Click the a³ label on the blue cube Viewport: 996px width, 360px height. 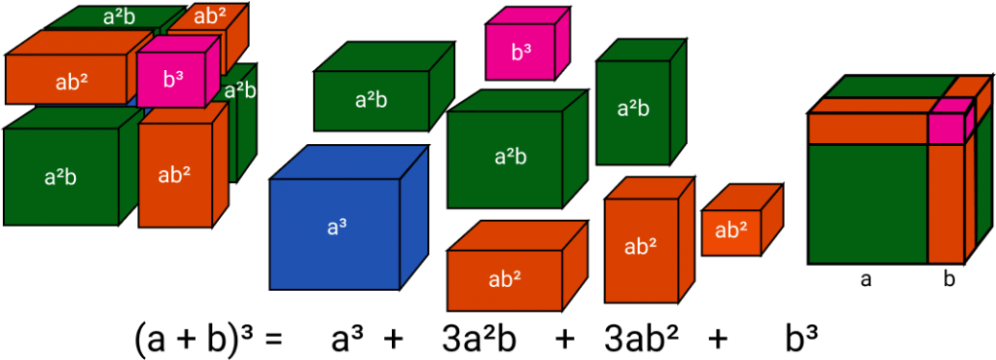(337, 228)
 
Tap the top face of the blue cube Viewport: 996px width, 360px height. (350, 162)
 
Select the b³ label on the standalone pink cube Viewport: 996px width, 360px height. (521, 52)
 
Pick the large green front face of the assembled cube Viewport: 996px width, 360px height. (868, 202)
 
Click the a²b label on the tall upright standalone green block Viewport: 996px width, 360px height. (633, 109)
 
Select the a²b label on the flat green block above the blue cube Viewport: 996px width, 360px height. (372, 99)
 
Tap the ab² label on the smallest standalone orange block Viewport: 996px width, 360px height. (731, 231)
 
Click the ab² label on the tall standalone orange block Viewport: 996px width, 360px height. (639, 247)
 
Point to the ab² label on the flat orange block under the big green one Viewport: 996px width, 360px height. (505, 279)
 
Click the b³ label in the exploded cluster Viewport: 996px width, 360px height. (173, 80)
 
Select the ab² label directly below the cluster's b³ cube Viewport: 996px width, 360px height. (174, 175)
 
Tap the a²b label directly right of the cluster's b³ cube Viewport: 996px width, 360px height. (239, 91)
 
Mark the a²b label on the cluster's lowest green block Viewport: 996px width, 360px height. (60, 177)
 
